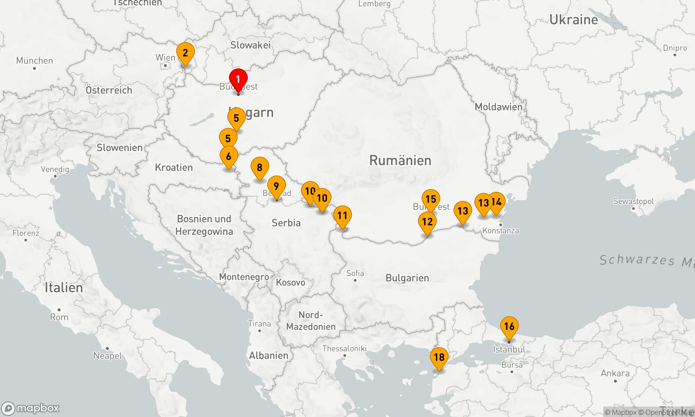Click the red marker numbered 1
[238, 80]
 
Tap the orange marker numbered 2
[185, 53]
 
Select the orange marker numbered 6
[229, 156]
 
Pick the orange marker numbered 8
[260, 167]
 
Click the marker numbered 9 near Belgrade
[276, 186]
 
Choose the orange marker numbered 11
[342, 215]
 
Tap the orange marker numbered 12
[427, 222]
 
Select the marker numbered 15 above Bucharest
[431, 199]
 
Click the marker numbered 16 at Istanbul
[509, 326]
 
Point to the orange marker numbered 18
[439, 357]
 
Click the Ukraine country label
[573, 20]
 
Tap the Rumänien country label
[400, 161]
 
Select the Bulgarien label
[407, 278]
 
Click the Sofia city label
[355, 273]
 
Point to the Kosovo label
[290, 283]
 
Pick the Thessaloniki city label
[344, 349]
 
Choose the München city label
[34, 61]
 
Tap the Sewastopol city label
[633, 202]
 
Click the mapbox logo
[31, 408]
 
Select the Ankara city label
[615, 374]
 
